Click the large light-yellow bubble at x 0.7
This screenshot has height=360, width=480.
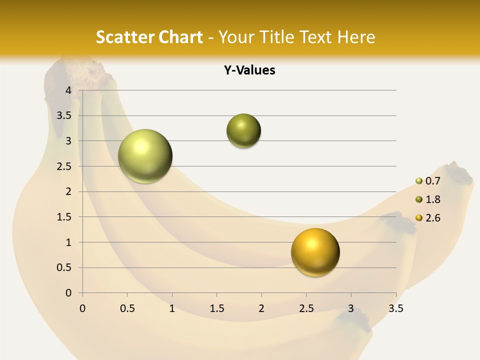click(x=145, y=156)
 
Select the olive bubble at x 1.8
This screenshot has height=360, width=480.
click(x=243, y=131)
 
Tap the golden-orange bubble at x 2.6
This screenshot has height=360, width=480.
click(x=315, y=252)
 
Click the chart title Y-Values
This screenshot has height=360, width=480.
click(x=249, y=70)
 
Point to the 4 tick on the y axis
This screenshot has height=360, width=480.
click(x=68, y=90)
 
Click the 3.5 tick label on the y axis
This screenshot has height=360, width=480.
click(x=64, y=115)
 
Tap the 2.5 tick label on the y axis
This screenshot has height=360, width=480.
click(x=64, y=166)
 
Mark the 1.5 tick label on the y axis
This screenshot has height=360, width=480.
click(x=64, y=217)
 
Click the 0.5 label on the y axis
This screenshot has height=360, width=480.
click(x=64, y=268)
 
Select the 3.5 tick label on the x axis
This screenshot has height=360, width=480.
click(x=395, y=308)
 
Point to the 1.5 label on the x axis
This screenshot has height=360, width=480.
click(x=216, y=308)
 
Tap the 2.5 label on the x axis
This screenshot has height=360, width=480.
click(x=306, y=308)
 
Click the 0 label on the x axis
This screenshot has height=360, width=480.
click(x=82, y=308)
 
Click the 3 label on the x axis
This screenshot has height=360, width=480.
click(x=351, y=308)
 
